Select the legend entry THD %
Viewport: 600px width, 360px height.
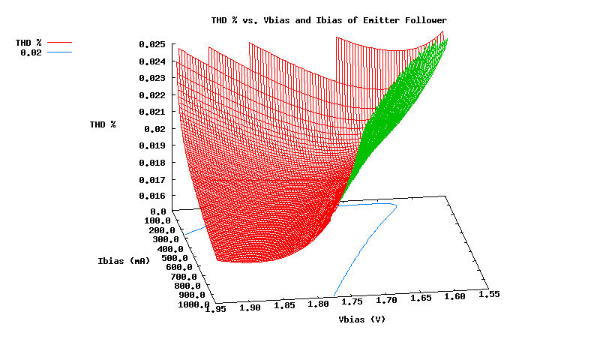(28, 43)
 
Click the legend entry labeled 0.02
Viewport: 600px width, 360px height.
(30, 52)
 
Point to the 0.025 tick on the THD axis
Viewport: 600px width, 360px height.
(151, 44)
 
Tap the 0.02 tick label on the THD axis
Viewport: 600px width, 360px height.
(154, 129)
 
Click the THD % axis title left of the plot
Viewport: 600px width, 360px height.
(103, 124)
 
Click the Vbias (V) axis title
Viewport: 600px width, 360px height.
(362, 319)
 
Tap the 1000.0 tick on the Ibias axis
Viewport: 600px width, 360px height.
(193, 304)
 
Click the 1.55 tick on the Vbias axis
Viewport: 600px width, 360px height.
(488, 295)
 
